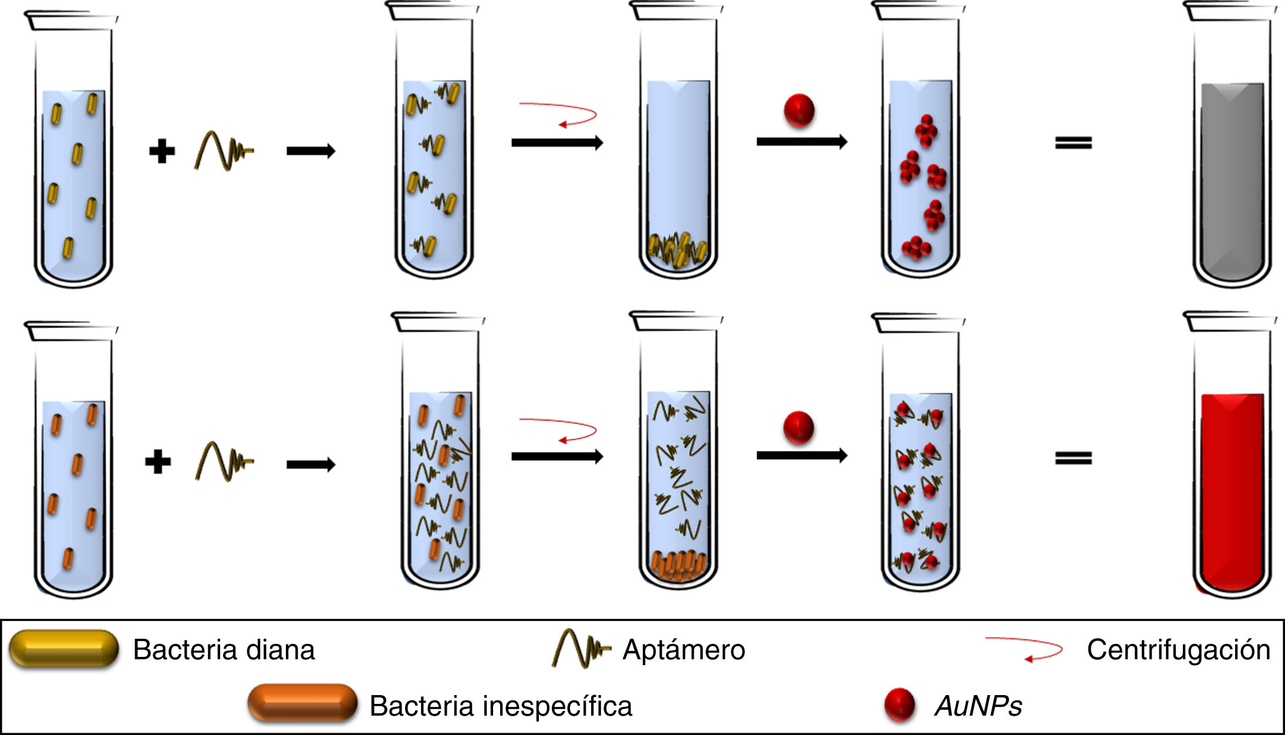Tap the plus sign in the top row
[x=162, y=151]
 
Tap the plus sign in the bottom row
[x=158, y=461]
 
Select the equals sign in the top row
[x=1073, y=143]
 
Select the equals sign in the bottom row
[x=1073, y=458]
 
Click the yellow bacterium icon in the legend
[x=63, y=648]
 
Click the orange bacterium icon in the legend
[x=302, y=703]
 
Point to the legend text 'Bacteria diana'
[x=224, y=650]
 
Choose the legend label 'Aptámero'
[x=683, y=650]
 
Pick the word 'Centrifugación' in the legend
[x=1178, y=650]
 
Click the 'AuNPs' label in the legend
[x=978, y=706]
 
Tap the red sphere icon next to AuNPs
[x=899, y=704]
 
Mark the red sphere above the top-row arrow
[x=799, y=110]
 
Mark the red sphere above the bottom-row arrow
[x=798, y=427]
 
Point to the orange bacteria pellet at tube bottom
[x=678, y=565]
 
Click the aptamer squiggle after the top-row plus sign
[x=223, y=151]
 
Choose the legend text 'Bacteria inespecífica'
[x=501, y=706]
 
